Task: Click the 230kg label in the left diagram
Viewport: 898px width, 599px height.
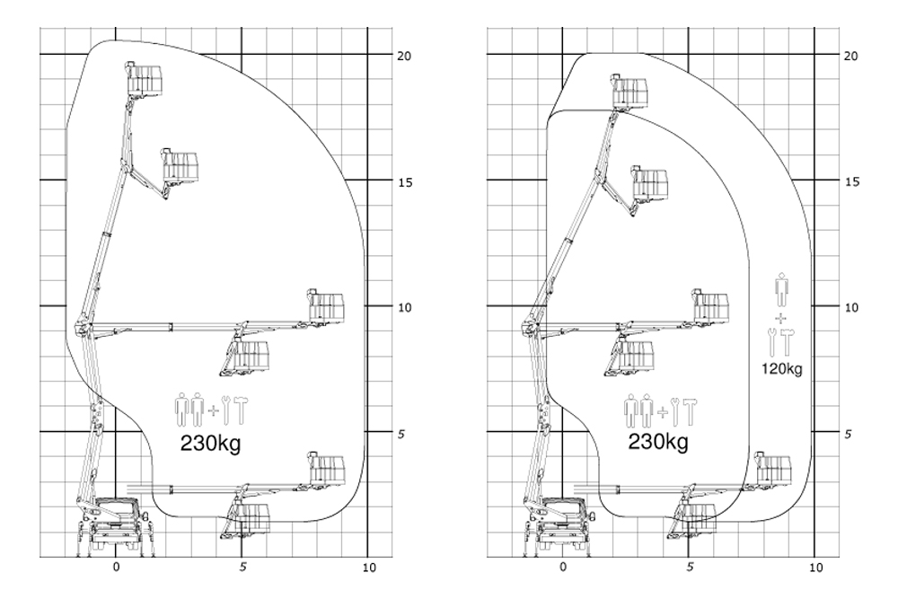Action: tap(211, 443)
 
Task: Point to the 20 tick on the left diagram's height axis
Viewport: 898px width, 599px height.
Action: tap(404, 56)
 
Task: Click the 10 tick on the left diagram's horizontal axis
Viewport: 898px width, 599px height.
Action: tap(369, 568)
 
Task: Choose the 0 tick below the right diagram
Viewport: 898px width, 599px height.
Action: tap(562, 568)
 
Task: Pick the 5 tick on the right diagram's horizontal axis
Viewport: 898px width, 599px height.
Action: tap(690, 568)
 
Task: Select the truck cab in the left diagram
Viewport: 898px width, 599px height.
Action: tap(119, 517)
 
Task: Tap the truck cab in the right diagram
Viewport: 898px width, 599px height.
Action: tap(565, 517)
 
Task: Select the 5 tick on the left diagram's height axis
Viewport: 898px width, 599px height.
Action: tap(404, 434)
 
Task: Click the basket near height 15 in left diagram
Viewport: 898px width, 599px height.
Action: tap(180, 166)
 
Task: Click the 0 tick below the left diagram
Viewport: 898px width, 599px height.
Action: tap(116, 568)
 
